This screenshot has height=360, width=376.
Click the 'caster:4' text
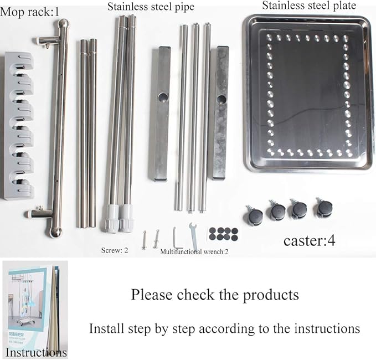click(309, 240)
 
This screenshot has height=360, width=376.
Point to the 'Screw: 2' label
click(115, 250)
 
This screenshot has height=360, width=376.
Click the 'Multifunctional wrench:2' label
click(193, 251)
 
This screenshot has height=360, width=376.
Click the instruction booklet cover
click(33, 305)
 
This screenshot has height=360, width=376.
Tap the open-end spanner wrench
click(194, 234)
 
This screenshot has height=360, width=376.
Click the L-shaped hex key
click(177, 238)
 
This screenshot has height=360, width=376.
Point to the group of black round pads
click(223, 233)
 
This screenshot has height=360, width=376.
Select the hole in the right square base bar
click(222, 100)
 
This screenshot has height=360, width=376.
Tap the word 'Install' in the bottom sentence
click(107, 328)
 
